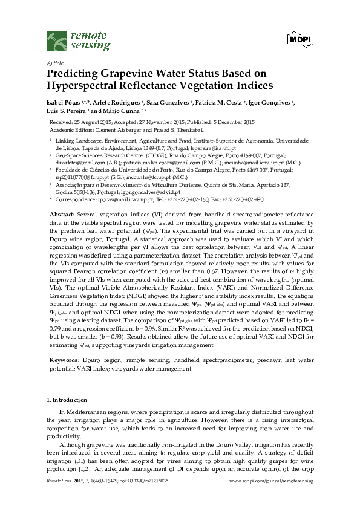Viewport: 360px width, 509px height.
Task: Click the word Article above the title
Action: [55, 63]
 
